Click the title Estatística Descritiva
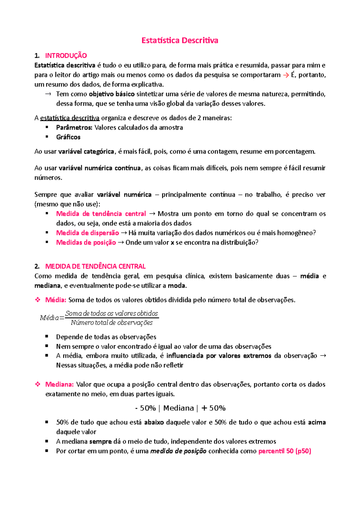(180, 40)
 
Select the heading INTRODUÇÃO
(66, 55)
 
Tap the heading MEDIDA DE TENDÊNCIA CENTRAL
(95, 266)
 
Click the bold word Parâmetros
(74, 127)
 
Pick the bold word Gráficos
(68, 137)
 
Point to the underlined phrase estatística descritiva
(70, 118)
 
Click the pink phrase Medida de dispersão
(88, 233)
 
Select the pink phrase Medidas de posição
(86, 243)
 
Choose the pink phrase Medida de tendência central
(101, 214)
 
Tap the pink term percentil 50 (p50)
(285, 451)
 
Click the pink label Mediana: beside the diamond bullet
(59, 384)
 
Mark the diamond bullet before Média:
(38, 300)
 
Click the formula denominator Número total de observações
(112, 323)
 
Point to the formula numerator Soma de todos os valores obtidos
(112, 314)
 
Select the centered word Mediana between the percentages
(178, 408)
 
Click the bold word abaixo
(154, 422)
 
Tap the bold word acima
(317, 422)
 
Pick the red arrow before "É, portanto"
(286, 75)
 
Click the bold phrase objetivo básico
(112, 94)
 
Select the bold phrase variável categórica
(86, 151)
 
